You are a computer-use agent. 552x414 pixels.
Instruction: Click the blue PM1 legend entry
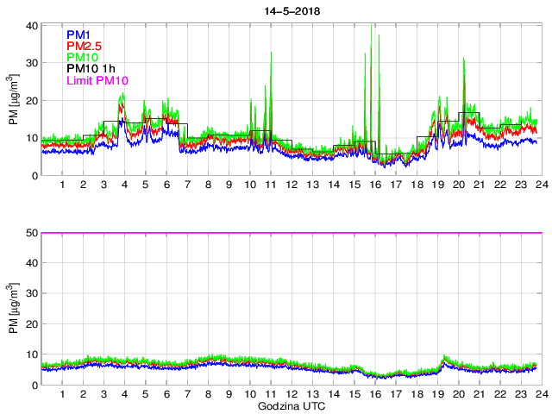click(x=79, y=34)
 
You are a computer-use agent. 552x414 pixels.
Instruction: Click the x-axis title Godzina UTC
click(x=290, y=405)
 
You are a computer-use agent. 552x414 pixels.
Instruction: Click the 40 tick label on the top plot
click(x=31, y=25)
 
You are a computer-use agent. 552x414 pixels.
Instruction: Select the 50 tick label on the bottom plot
click(x=31, y=233)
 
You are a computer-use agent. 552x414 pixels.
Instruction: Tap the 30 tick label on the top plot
click(x=31, y=63)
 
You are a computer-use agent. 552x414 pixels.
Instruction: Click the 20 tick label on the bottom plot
click(x=31, y=324)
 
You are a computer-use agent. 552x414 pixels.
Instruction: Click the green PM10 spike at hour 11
click(x=271, y=54)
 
